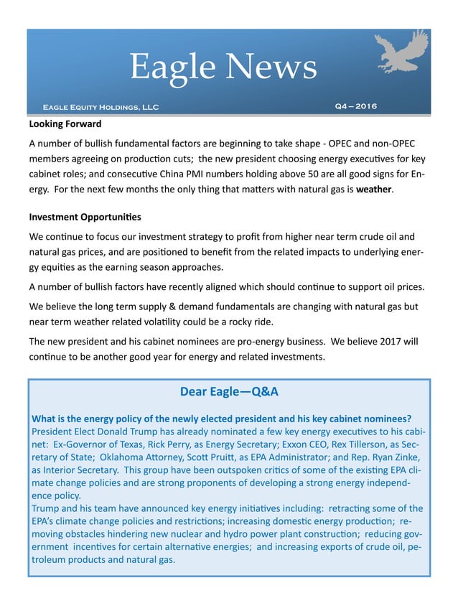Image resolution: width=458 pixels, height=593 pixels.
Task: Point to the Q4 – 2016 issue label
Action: click(355, 107)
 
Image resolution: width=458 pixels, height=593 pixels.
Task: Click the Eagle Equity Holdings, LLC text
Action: click(101, 108)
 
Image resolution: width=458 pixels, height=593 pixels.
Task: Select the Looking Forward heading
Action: click(65, 124)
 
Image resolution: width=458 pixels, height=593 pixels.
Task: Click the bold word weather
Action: click(375, 190)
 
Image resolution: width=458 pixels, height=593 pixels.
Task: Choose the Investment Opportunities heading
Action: click(85, 217)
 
